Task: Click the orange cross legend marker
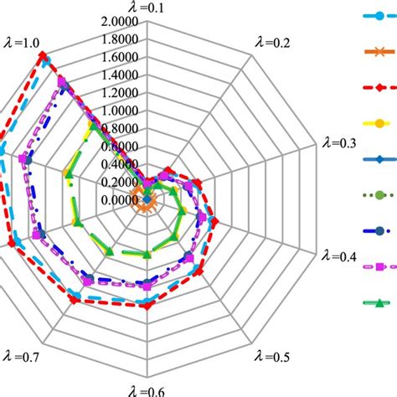(x=379, y=52)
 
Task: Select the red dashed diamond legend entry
(x=379, y=87)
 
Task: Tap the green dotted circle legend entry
(x=379, y=194)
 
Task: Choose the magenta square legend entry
(x=379, y=266)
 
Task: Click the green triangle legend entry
(x=379, y=302)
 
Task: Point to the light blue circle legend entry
(x=379, y=16)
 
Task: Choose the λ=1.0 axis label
(x=22, y=41)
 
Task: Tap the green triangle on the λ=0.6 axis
(x=147, y=252)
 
